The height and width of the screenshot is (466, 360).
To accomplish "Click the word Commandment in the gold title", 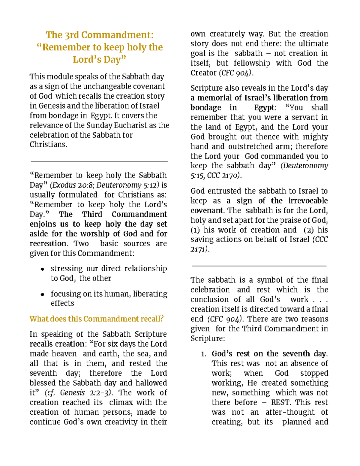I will [117, 35].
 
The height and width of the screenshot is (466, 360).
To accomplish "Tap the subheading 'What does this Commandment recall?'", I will [97, 319].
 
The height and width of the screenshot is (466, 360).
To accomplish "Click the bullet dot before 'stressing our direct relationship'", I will [43, 269].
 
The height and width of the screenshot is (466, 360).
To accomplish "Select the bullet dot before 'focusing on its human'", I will [43, 294].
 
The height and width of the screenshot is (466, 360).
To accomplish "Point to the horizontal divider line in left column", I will [99, 161].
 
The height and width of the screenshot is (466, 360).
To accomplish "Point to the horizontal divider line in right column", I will [259, 266].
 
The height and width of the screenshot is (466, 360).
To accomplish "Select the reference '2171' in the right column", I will [198, 249].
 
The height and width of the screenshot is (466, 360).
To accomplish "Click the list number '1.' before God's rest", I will [204, 354].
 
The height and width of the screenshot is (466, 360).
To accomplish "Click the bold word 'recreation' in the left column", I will [48, 244].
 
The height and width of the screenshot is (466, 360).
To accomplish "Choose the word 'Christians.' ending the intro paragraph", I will [48, 145].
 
